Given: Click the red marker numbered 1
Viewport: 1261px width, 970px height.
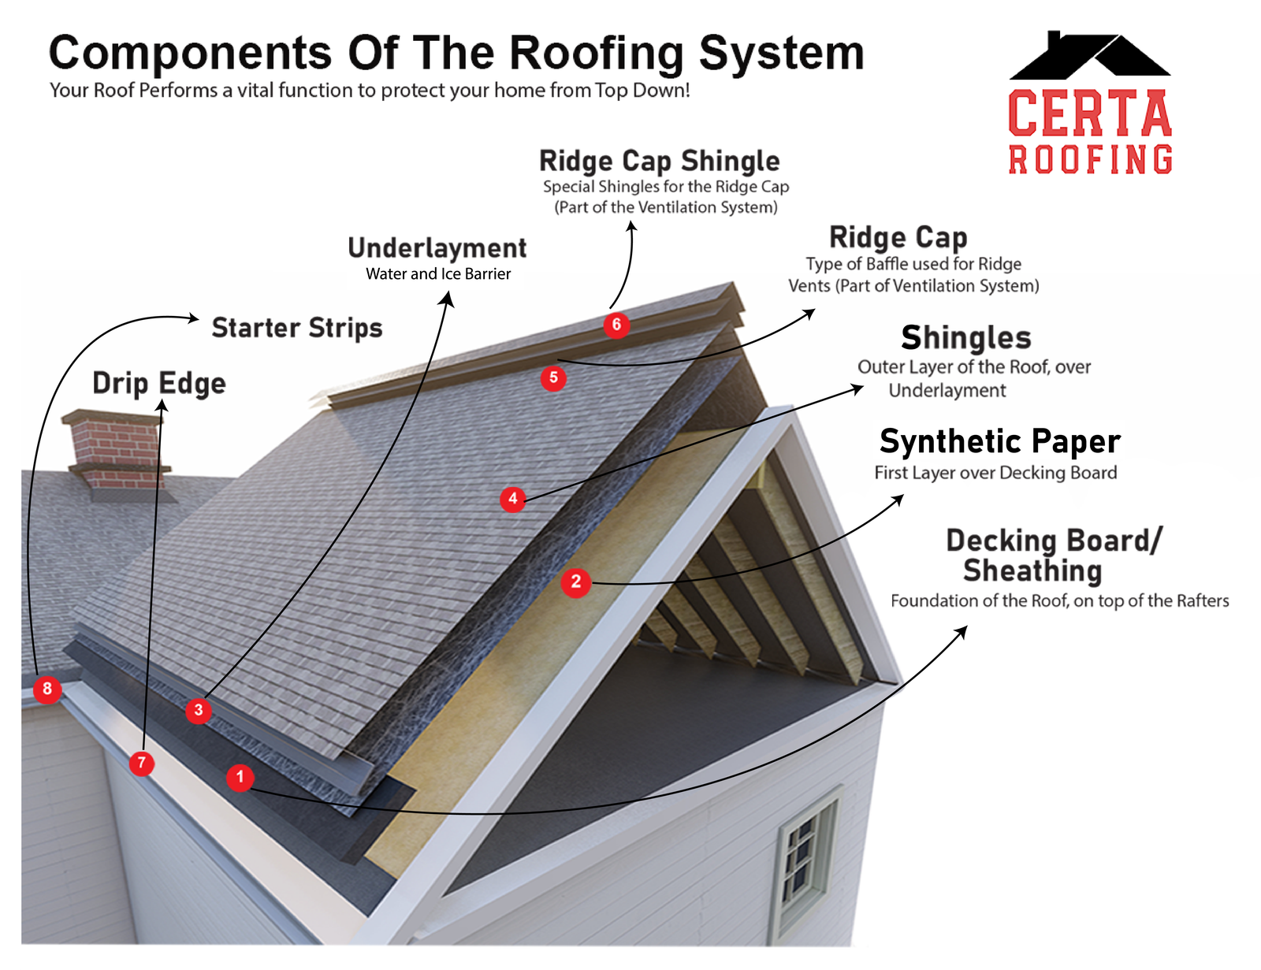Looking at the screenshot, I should click(x=240, y=778).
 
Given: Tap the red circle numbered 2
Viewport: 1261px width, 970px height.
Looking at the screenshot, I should click(x=576, y=582).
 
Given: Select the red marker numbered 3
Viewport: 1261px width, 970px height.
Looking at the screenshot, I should click(x=199, y=711).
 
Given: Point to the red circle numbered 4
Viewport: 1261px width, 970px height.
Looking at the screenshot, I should click(x=513, y=499).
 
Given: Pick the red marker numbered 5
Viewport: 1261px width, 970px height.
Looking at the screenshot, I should click(x=553, y=378).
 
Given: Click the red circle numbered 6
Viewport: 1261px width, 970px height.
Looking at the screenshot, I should click(x=616, y=325).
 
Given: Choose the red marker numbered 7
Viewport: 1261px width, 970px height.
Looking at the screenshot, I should click(x=142, y=763).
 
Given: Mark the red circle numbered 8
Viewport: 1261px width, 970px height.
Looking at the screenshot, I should click(x=47, y=689).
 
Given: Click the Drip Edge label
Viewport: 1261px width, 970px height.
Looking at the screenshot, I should click(x=159, y=384).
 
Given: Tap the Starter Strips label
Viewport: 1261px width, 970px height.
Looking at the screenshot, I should click(x=297, y=328).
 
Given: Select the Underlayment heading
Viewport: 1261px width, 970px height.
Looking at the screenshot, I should click(x=437, y=248).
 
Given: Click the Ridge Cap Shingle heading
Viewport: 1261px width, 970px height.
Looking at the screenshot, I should click(x=660, y=162).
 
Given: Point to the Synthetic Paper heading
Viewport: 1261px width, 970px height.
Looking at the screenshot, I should click(x=999, y=441).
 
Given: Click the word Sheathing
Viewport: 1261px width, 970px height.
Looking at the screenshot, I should click(x=1032, y=570).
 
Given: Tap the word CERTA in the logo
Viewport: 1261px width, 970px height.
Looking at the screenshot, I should click(x=1090, y=113).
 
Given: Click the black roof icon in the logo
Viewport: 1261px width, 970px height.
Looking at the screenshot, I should click(x=1089, y=57).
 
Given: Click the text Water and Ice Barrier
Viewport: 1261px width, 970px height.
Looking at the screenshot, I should click(x=438, y=274).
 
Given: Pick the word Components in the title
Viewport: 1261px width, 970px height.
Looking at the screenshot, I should click(x=190, y=54).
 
